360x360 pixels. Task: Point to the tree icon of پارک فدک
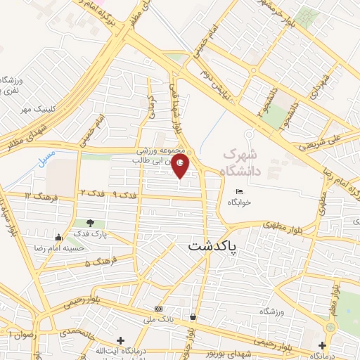click(89, 223)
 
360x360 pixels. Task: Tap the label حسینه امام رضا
click(60, 248)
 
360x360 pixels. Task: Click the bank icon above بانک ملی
click(159, 309)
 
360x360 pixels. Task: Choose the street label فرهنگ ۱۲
click(38, 194)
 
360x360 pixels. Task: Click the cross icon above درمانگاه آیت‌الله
click(120, 340)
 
